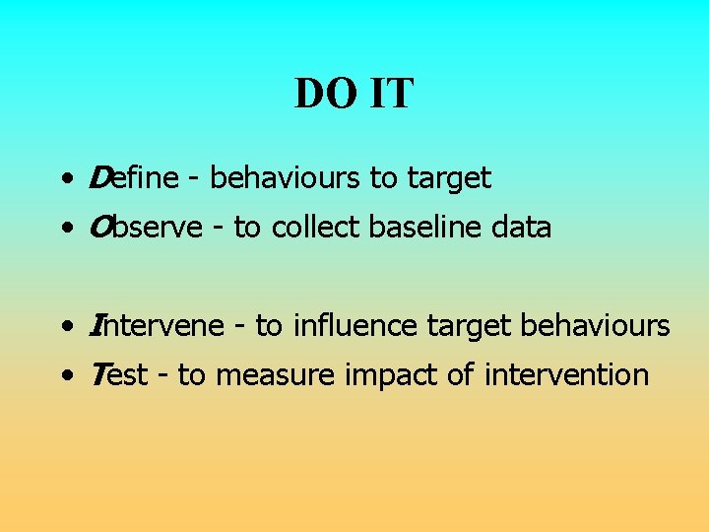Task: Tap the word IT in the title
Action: pyautogui.click(x=392, y=95)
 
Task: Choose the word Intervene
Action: pyautogui.click(x=157, y=325)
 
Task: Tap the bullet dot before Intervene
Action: pyautogui.click(x=64, y=327)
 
